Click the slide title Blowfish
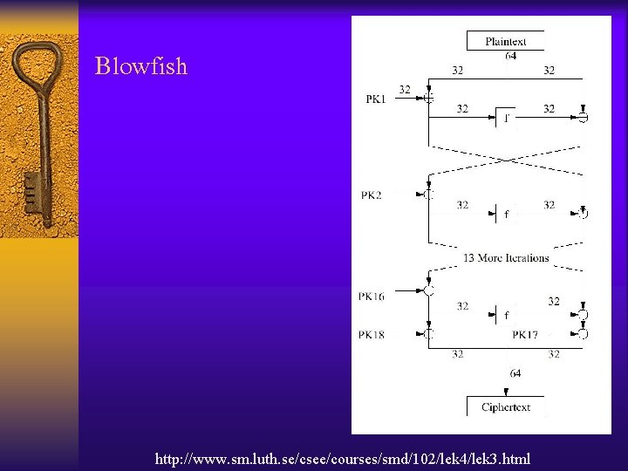[x=141, y=66]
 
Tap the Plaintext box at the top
[x=505, y=40]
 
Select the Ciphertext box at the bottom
[x=506, y=407]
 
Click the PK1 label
[x=376, y=99]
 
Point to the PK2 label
[x=372, y=195]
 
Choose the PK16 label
[x=371, y=297]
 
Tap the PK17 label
[x=525, y=335]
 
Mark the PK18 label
[x=371, y=335]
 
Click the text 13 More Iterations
[x=506, y=257]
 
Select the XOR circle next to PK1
[x=428, y=99]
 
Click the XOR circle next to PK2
[x=428, y=195]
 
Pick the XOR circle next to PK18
[x=428, y=334]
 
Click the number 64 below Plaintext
[x=510, y=56]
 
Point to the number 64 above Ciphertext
[x=515, y=373]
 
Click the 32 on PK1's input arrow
[x=405, y=89]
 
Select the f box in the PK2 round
[x=506, y=214]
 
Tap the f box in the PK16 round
[x=506, y=315]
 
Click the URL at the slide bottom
[x=342, y=458]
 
